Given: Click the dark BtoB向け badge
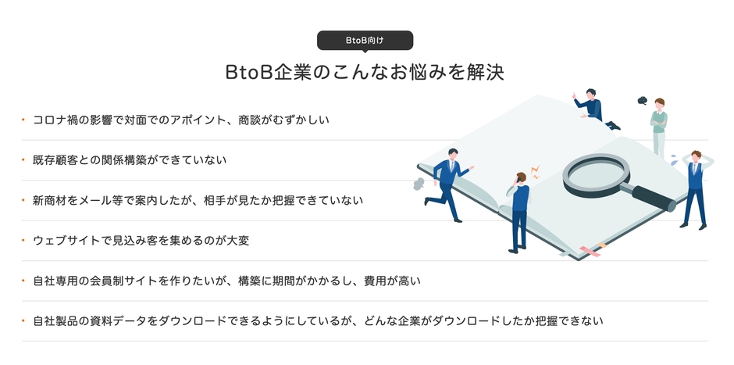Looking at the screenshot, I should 365,40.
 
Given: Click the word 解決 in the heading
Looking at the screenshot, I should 486,73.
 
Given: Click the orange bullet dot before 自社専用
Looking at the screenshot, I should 24,281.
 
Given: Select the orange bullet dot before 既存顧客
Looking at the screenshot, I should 24,160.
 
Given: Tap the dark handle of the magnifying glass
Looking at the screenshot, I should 654,198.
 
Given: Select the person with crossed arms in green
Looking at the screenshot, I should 659,125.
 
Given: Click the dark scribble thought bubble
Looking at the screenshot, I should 642,100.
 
